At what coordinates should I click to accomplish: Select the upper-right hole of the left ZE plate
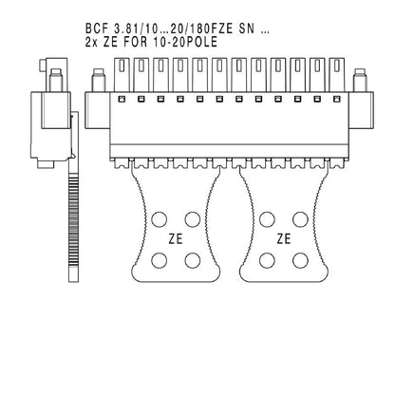[194, 219]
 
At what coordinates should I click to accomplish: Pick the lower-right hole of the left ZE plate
[194, 258]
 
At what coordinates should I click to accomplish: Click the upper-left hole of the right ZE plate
[264, 219]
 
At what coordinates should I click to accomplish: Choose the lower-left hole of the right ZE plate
[264, 258]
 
